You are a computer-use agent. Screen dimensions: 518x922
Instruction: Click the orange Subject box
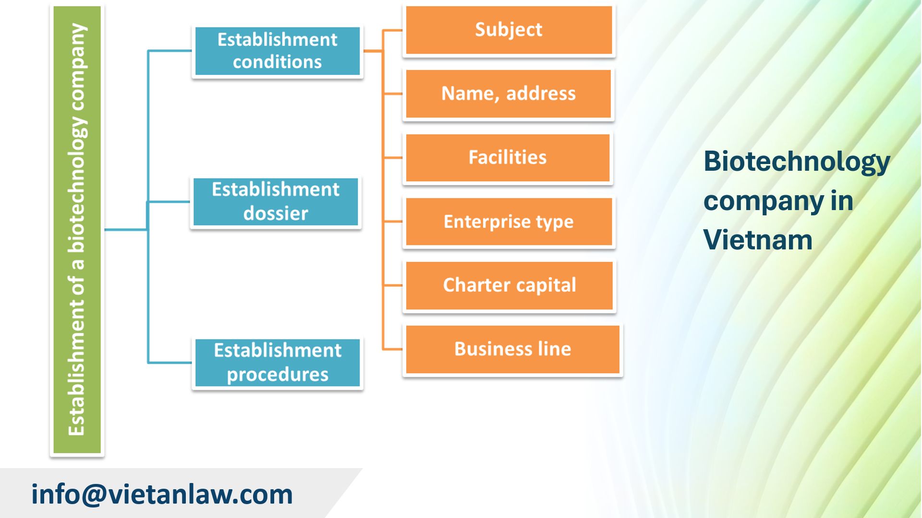tap(509, 30)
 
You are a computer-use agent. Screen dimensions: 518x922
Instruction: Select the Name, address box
tap(509, 94)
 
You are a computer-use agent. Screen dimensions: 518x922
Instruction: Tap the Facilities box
tap(508, 157)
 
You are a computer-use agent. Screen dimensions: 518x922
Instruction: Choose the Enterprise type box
tap(509, 222)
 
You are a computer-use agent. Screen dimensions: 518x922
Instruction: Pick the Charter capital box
tap(509, 285)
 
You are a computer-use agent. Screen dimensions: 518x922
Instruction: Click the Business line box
tap(512, 349)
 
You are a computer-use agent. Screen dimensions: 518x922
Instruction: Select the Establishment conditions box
tap(277, 51)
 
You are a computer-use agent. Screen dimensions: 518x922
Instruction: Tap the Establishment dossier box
tap(276, 201)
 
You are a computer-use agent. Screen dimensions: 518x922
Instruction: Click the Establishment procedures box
tap(277, 363)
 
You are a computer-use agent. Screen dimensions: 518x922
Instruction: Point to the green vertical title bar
tap(77, 229)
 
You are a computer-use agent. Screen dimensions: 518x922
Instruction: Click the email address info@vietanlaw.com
tap(162, 494)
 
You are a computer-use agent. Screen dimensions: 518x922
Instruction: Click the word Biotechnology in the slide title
tap(797, 161)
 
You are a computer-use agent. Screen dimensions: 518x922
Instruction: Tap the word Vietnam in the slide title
tap(758, 240)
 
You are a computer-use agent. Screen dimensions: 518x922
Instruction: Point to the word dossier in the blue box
tap(276, 213)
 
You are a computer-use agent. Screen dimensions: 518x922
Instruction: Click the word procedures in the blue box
tap(278, 375)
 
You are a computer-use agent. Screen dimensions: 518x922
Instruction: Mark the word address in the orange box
tap(541, 94)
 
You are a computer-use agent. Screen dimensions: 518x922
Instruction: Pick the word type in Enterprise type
tap(555, 222)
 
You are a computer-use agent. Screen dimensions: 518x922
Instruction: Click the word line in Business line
tap(554, 349)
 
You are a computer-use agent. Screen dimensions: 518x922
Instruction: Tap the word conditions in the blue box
tap(277, 62)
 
